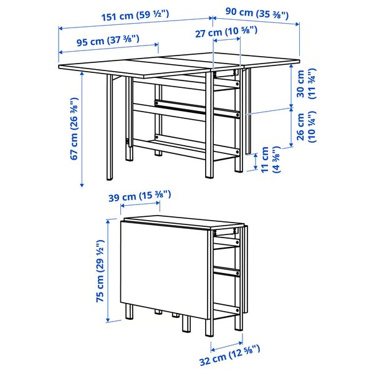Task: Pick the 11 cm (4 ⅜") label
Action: (269, 160)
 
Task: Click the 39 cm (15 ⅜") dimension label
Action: (138, 196)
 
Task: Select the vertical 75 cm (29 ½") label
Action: (100, 272)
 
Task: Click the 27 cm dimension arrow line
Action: (227, 41)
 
